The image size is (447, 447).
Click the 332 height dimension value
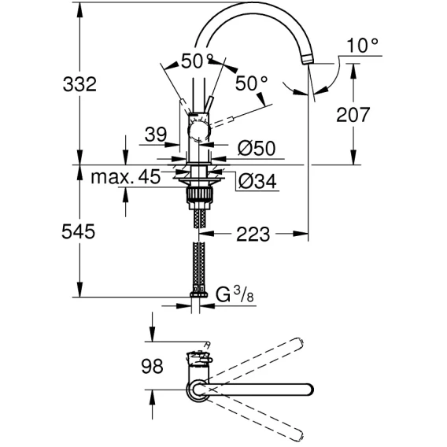(x=79, y=84)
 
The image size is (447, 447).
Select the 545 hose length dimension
(x=79, y=231)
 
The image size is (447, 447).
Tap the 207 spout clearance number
(x=353, y=115)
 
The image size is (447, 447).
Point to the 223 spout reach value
(x=253, y=235)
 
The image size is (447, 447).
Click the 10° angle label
(x=363, y=46)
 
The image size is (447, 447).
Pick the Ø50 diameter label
(x=257, y=148)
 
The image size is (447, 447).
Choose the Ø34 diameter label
(x=257, y=181)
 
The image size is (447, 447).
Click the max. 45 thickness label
(x=126, y=177)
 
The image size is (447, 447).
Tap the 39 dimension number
(x=155, y=135)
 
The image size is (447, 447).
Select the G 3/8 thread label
(x=235, y=295)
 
